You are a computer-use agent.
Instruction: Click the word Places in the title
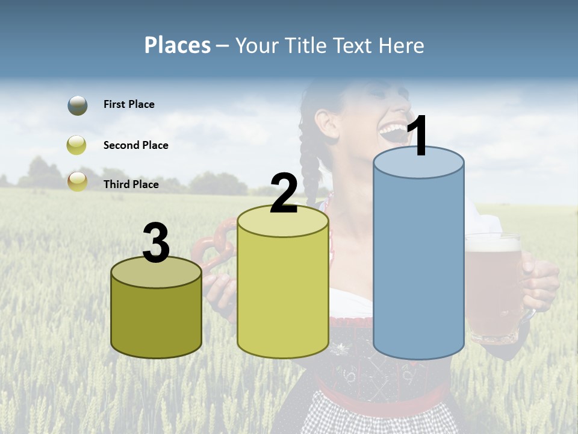pos(178,45)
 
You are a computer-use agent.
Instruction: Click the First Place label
pos(129,104)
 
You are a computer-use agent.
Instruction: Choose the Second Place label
pos(135,145)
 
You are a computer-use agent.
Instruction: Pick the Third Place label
pos(131,184)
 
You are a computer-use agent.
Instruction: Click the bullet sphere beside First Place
pos(78,105)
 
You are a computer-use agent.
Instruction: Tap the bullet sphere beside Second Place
pos(77,145)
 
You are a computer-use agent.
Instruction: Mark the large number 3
pos(157,244)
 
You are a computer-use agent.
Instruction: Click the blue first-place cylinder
pos(418,265)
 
